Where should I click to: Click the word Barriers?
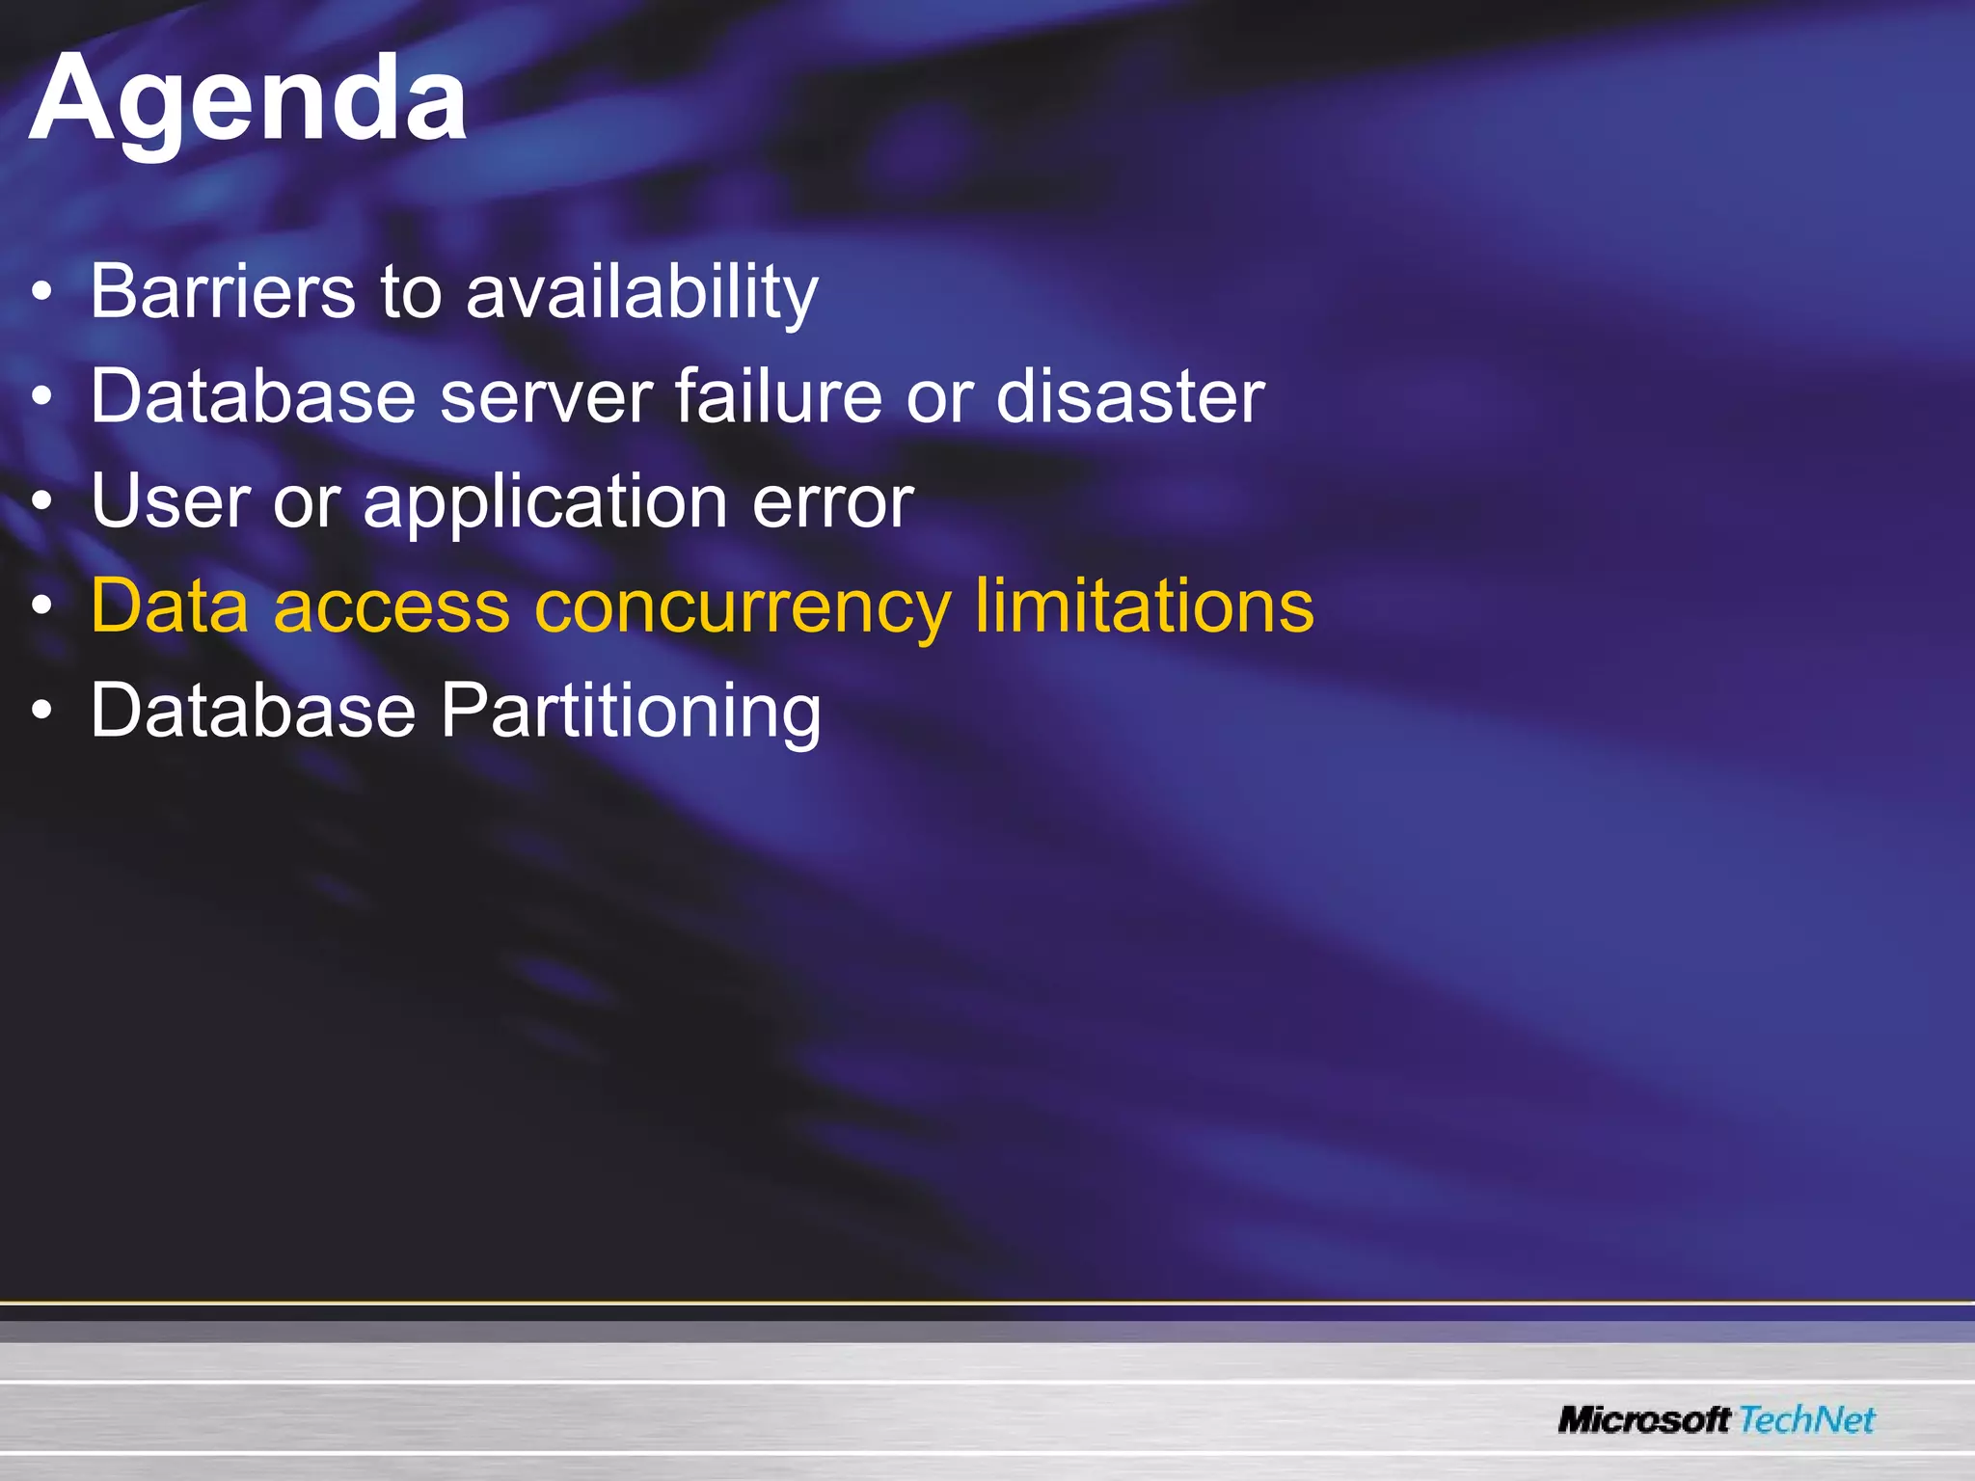pyautogui.click(x=223, y=291)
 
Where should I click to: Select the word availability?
pyautogui.click(x=641, y=293)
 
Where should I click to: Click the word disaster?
pyautogui.click(x=1129, y=396)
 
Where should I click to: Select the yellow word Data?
pyautogui.click(x=170, y=606)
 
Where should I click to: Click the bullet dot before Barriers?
pyautogui.click(x=41, y=292)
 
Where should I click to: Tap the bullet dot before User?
pyautogui.click(x=41, y=501)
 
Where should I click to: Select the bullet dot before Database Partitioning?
pyautogui.click(x=41, y=712)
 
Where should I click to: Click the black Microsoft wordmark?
pyautogui.click(x=1644, y=1420)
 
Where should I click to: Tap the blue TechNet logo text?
pyautogui.click(x=1807, y=1420)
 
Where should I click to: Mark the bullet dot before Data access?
pyautogui.click(x=41, y=606)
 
